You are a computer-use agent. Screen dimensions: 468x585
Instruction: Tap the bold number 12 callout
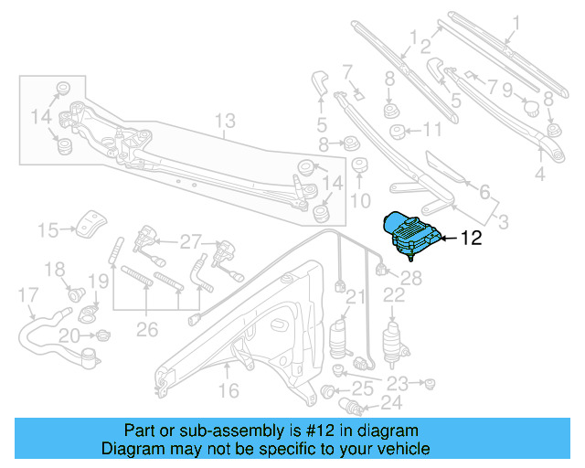[470, 239]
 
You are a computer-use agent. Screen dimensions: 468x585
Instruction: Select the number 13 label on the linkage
[225, 121]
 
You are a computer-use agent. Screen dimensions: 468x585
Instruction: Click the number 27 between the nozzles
[189, 242]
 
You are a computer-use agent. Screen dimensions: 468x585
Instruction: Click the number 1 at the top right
[514, 21]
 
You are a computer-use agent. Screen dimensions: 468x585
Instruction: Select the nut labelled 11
[399, 132]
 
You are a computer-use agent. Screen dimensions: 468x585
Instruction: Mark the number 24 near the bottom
[390, 401]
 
